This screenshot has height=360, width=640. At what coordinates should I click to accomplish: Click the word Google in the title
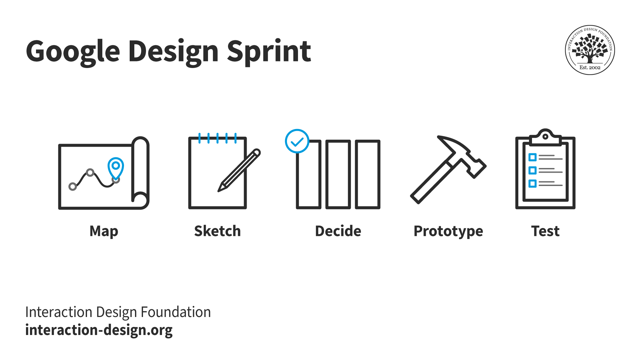tap(73, 52)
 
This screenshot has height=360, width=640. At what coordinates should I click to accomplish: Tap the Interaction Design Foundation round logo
tap(590, 50)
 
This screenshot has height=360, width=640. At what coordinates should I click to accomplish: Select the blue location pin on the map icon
tap(116, 167)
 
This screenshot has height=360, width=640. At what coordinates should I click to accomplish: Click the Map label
tap(104, 231)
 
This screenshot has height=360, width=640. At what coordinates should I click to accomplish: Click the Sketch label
tap(217, 231)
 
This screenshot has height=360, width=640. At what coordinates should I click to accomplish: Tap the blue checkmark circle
tap(297, 141)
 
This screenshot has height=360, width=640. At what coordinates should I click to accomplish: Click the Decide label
tap(338, 231)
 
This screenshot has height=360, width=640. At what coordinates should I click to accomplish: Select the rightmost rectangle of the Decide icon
tap(367, 174)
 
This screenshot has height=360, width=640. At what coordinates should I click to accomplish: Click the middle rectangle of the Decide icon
tap(338, 174)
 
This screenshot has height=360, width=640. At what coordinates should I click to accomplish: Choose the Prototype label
tap(448, 231)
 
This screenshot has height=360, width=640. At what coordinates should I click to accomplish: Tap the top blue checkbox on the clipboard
tap(532, 157)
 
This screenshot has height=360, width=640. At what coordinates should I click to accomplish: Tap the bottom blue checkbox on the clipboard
tap(532, 183)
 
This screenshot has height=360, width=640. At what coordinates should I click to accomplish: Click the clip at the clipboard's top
tap(545, 137)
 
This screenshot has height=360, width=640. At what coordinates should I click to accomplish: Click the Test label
tap(545, 231)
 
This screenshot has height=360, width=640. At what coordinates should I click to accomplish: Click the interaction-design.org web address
tap(99, 330)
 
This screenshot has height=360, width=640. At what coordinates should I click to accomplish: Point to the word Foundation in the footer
tap(176, 312)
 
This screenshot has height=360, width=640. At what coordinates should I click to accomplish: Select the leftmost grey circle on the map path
tap(73, 186)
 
